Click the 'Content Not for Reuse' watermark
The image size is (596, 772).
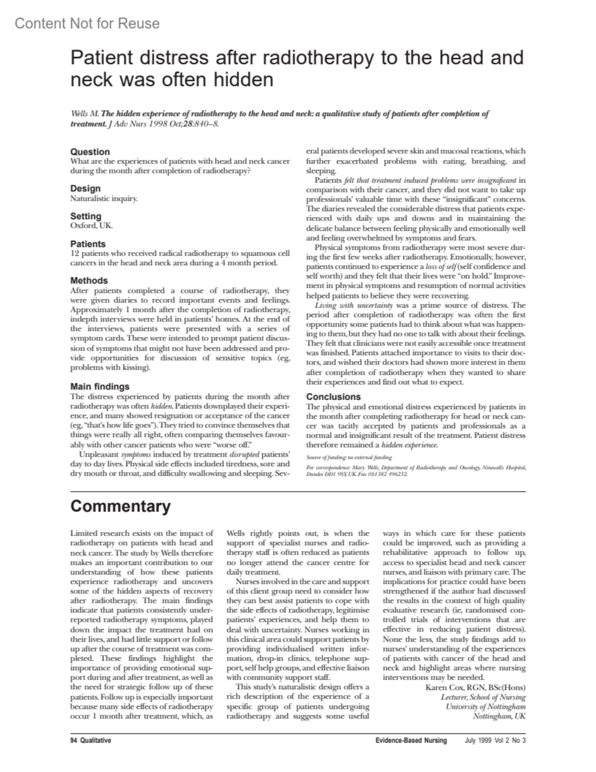[x=87, y=23]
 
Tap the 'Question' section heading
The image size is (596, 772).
[x=90, y=152]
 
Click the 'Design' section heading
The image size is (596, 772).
[x=85, y=188]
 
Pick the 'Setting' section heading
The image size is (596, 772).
[x=85, y=216]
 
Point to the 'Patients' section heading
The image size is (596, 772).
[x=88, y=244]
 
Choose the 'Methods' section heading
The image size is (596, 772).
[x=89, y=280]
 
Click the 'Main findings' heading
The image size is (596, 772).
[x=100, y=386]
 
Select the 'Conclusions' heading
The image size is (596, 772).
[x=333, y=397]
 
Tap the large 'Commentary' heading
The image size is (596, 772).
[x=120, y=506]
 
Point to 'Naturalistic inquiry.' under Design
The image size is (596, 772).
[x=104, y=198]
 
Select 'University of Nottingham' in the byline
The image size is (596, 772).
[x=485, y=707]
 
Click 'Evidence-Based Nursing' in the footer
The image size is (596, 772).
[x=411, y=741]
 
